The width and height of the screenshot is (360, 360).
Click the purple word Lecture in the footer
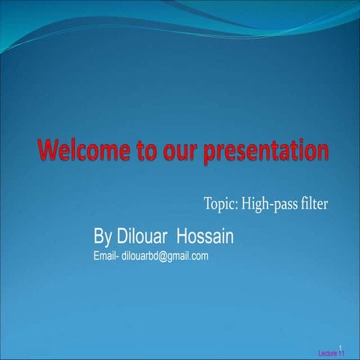[328, 352]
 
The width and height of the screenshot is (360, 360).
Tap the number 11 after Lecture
[341, 352]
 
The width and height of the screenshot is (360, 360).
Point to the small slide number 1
[340, 346]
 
